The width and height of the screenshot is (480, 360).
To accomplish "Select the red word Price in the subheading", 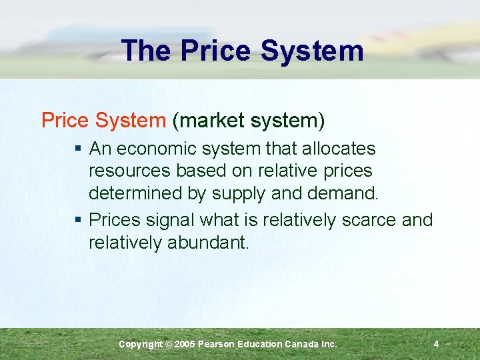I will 64,120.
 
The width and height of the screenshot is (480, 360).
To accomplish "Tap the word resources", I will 130,171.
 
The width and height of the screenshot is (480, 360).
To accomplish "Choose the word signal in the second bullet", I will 170,220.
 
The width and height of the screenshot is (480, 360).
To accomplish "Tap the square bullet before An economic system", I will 79,149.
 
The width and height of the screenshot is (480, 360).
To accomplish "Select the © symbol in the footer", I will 169,344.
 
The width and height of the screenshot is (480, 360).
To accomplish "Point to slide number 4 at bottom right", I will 436,344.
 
